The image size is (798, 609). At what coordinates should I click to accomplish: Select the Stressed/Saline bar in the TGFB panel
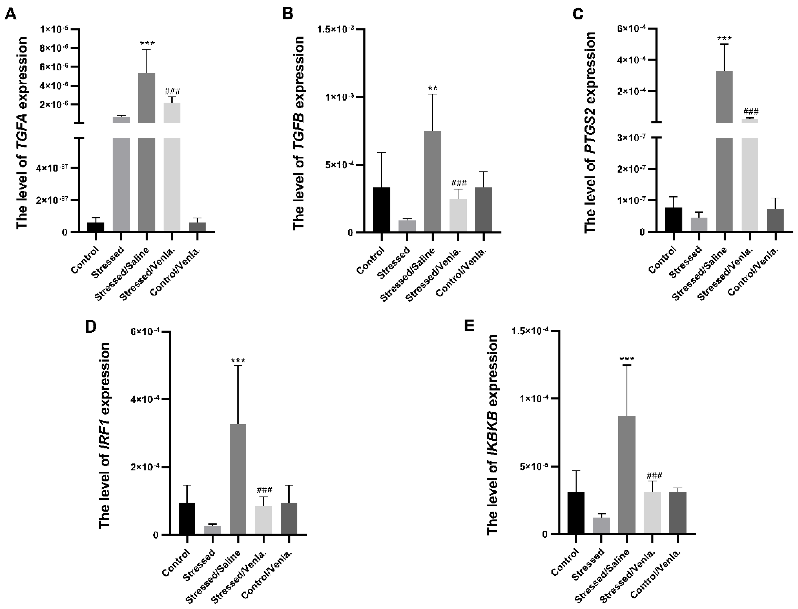point(433,181)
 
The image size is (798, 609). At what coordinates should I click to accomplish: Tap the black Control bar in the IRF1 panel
point(187,518)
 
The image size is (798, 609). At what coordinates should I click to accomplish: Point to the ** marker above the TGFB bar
point(433,88)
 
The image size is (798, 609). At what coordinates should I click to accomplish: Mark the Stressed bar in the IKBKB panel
point(601,526)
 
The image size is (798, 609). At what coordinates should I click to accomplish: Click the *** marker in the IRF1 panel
point(238,361)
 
